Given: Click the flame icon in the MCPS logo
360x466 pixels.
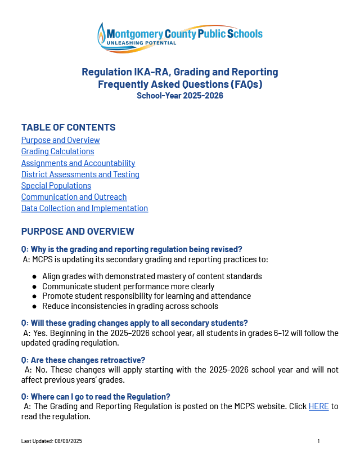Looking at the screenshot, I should [102, 37].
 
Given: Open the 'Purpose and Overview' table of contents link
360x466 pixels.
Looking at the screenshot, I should [60, 140].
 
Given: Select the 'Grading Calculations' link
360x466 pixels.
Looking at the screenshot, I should [57, 151].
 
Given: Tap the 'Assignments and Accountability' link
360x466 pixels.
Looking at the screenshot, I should [78, 163].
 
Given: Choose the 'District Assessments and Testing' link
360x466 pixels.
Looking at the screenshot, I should [80, 174].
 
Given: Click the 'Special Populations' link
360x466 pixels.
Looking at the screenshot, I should [56, 186].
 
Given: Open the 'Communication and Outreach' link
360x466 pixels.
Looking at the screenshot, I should [74, 197].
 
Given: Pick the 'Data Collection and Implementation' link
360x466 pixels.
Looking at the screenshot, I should [84, 208].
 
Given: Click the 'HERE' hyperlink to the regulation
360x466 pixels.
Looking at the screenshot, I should [318, 406].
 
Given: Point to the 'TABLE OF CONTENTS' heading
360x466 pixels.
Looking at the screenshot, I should [68, 127].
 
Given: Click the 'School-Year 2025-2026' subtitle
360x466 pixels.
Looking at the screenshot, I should [180, 96].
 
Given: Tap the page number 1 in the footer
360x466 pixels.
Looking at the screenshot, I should [318, 441].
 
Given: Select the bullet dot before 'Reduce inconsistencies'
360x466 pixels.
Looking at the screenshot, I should [35, 307].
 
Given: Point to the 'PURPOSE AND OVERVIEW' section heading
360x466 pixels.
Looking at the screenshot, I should [78, 231].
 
